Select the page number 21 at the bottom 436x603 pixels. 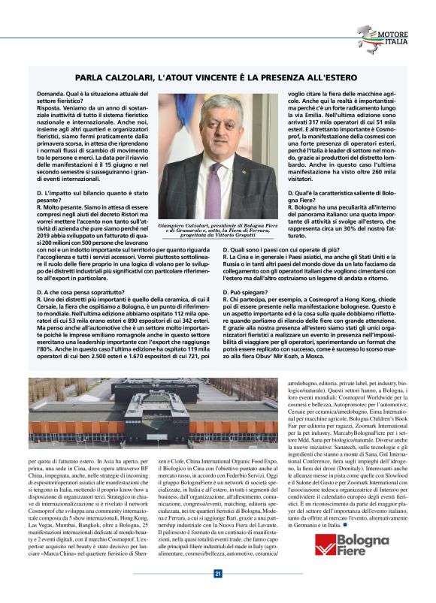[x=217, y=574]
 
